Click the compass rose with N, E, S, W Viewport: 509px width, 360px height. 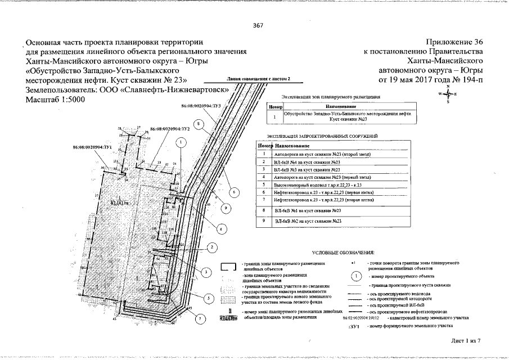448,94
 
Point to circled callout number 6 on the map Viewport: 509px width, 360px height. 235,192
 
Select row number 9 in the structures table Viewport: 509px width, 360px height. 263,222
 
